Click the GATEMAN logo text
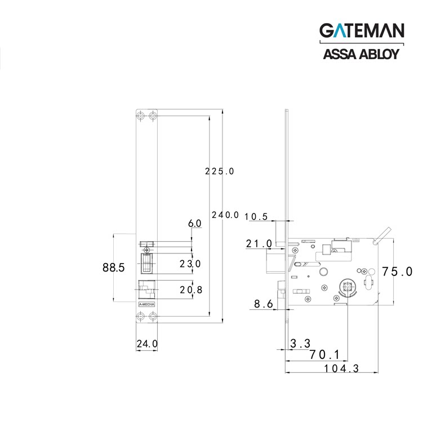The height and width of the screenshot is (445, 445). coord(362,30)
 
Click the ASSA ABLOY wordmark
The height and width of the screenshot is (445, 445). coord(361,54)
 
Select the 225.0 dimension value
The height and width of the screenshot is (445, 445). coord(219,171)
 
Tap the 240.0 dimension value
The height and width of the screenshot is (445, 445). coord(225,215)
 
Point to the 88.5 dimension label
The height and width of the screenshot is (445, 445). coord(114,268)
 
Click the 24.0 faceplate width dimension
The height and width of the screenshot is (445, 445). coord(147,344)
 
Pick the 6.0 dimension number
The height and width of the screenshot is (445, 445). coord(195,224)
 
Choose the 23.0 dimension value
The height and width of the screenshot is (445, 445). coord(190,264)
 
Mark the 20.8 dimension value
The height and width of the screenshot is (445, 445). coord(191,290)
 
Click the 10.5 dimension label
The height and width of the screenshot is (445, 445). coord(256,217)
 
